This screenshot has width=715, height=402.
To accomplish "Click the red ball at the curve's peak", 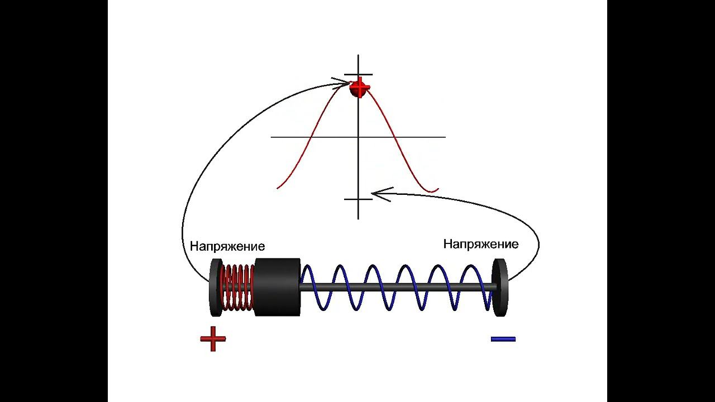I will (x=360, y=88).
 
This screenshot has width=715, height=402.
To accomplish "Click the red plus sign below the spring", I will (x=213, y=338).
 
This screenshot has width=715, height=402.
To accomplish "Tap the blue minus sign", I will (x=503, y=338).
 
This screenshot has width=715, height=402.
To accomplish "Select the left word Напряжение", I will (x=227, y=246).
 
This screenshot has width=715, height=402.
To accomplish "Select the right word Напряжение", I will (x=480, y=244).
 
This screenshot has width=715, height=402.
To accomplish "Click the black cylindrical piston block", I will (x=277, y=287).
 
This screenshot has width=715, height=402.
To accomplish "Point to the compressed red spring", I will (x=238, y=287).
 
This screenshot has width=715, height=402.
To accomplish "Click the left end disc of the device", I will (x=215, y=287).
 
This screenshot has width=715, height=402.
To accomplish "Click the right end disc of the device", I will (x=500, y=287).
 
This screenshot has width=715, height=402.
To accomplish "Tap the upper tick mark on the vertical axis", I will (x=358, y=75).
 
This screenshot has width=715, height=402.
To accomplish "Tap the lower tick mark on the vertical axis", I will (x=358, y=199).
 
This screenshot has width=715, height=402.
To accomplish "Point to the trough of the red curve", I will (x=431, y=192).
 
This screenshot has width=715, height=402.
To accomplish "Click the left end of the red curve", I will (x=278, y=188).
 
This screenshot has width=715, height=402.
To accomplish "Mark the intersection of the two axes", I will (x=358, y=137).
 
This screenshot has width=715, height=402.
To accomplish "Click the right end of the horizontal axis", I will (x=445, y=137).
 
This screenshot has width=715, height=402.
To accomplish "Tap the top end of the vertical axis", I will (x=358, y=55).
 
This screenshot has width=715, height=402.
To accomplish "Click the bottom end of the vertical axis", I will (x=358, y=218).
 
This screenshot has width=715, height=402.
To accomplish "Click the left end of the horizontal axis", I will (x=271, y=137).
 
